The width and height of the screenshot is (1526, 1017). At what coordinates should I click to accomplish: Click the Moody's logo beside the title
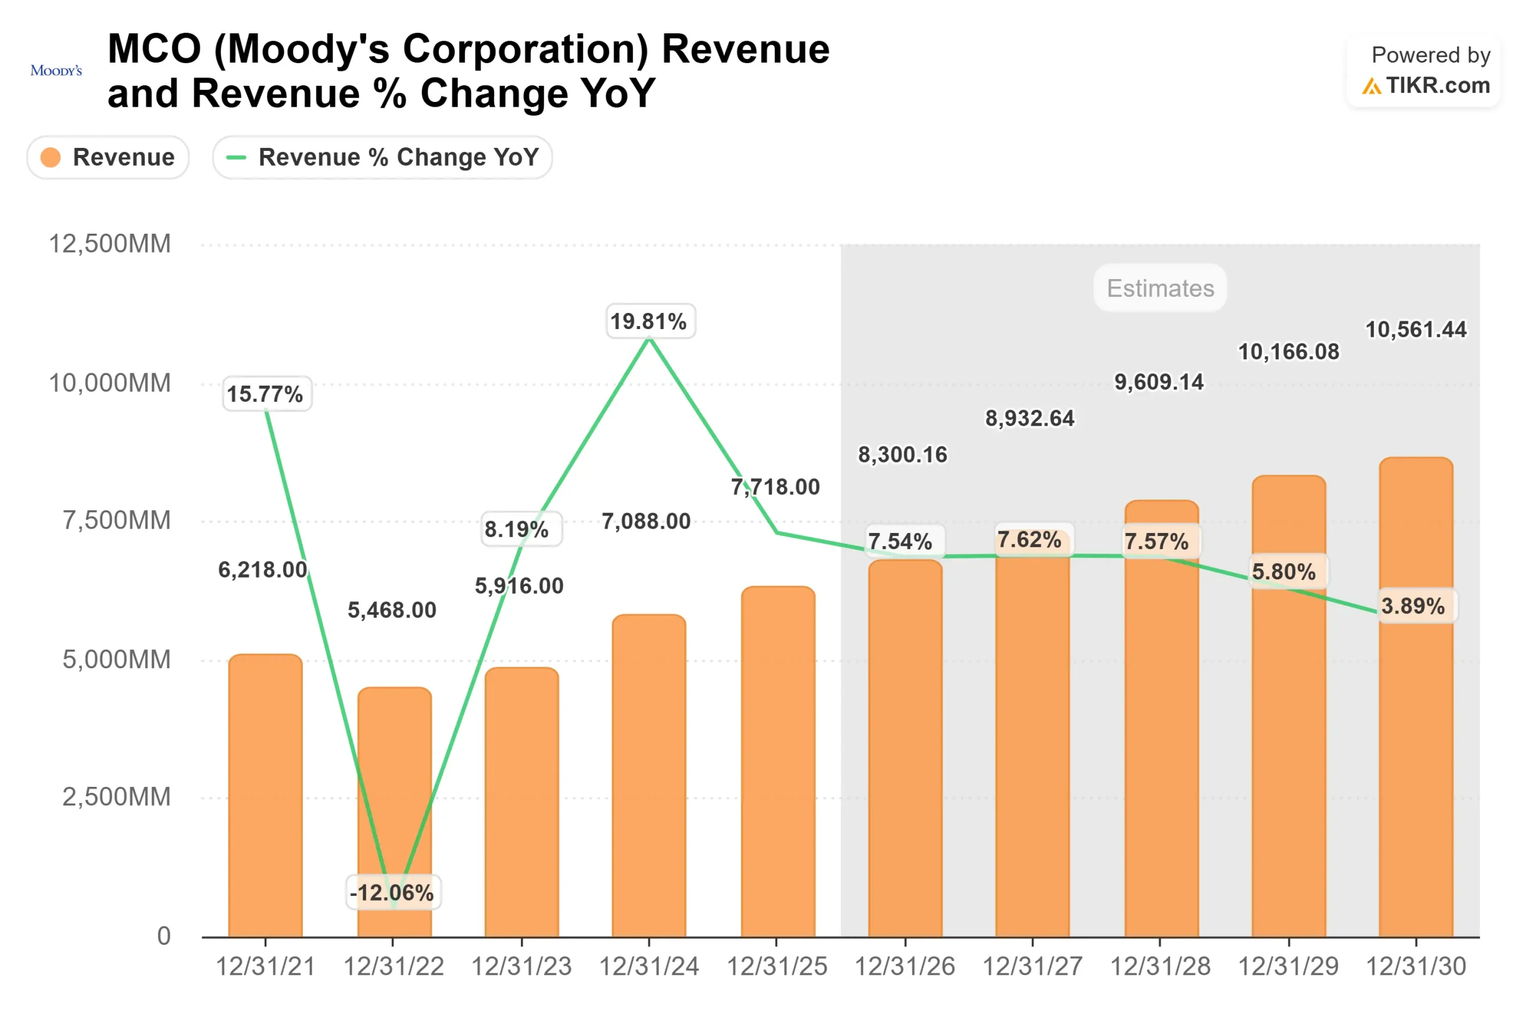[x=56, y=70]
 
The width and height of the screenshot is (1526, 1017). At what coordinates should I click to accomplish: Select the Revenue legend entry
[x=108, y=157]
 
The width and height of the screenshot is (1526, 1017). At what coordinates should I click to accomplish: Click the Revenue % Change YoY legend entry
[x=382, y=157]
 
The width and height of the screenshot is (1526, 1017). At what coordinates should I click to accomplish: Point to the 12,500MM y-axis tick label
[x=110, y=244]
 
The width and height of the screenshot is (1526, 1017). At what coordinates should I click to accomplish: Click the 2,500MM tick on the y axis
[x=116, y=796]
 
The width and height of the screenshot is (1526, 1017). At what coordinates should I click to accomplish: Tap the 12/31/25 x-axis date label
[x=776, y=966]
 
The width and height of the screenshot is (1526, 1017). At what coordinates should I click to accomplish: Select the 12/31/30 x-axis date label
[x=1415, y=966]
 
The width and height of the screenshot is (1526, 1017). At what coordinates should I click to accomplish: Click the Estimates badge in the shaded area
[x=1159, y=288]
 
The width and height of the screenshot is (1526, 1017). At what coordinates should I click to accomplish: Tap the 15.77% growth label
[x=265, y=393]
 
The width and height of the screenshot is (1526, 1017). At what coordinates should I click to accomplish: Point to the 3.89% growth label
[x=1413, y=606]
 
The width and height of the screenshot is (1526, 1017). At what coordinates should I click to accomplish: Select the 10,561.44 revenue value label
[x=1415, y=330]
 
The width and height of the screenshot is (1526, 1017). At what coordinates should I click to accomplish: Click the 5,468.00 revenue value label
[x=392, y=610]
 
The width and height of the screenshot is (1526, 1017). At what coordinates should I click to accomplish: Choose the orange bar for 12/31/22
[x=394, y=779]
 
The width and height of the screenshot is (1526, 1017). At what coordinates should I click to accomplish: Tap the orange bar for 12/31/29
[x=1288, y=746]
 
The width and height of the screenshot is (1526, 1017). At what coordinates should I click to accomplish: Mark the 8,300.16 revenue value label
[x=902, y=455]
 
